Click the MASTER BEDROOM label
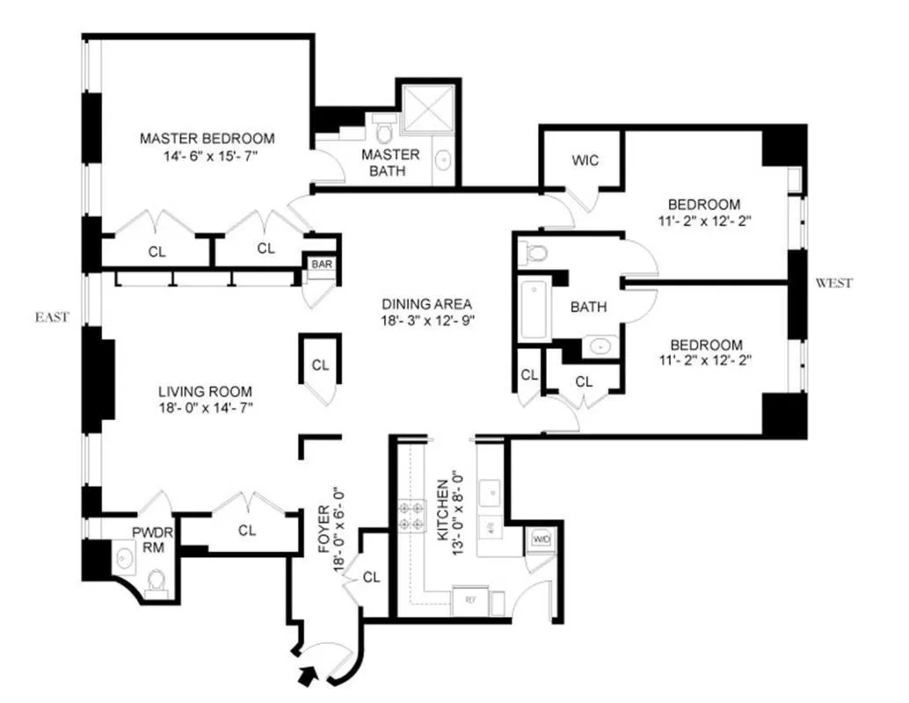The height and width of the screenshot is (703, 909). [207, 138]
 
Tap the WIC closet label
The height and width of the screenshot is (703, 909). [585, 161]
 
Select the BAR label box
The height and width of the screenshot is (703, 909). [318, 264]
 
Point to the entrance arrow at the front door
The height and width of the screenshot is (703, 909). [307, 676]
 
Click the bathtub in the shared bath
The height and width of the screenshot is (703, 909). [535, 309]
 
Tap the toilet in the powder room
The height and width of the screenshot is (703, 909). [156, 580]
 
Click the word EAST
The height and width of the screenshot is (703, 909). [52, 317]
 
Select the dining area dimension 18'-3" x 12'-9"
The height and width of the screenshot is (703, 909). [429, 322]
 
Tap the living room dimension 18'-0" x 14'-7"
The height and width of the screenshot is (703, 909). [206, 407]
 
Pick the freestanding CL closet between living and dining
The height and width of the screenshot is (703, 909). [320, 364]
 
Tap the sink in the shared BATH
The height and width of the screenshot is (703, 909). [600, 345]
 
